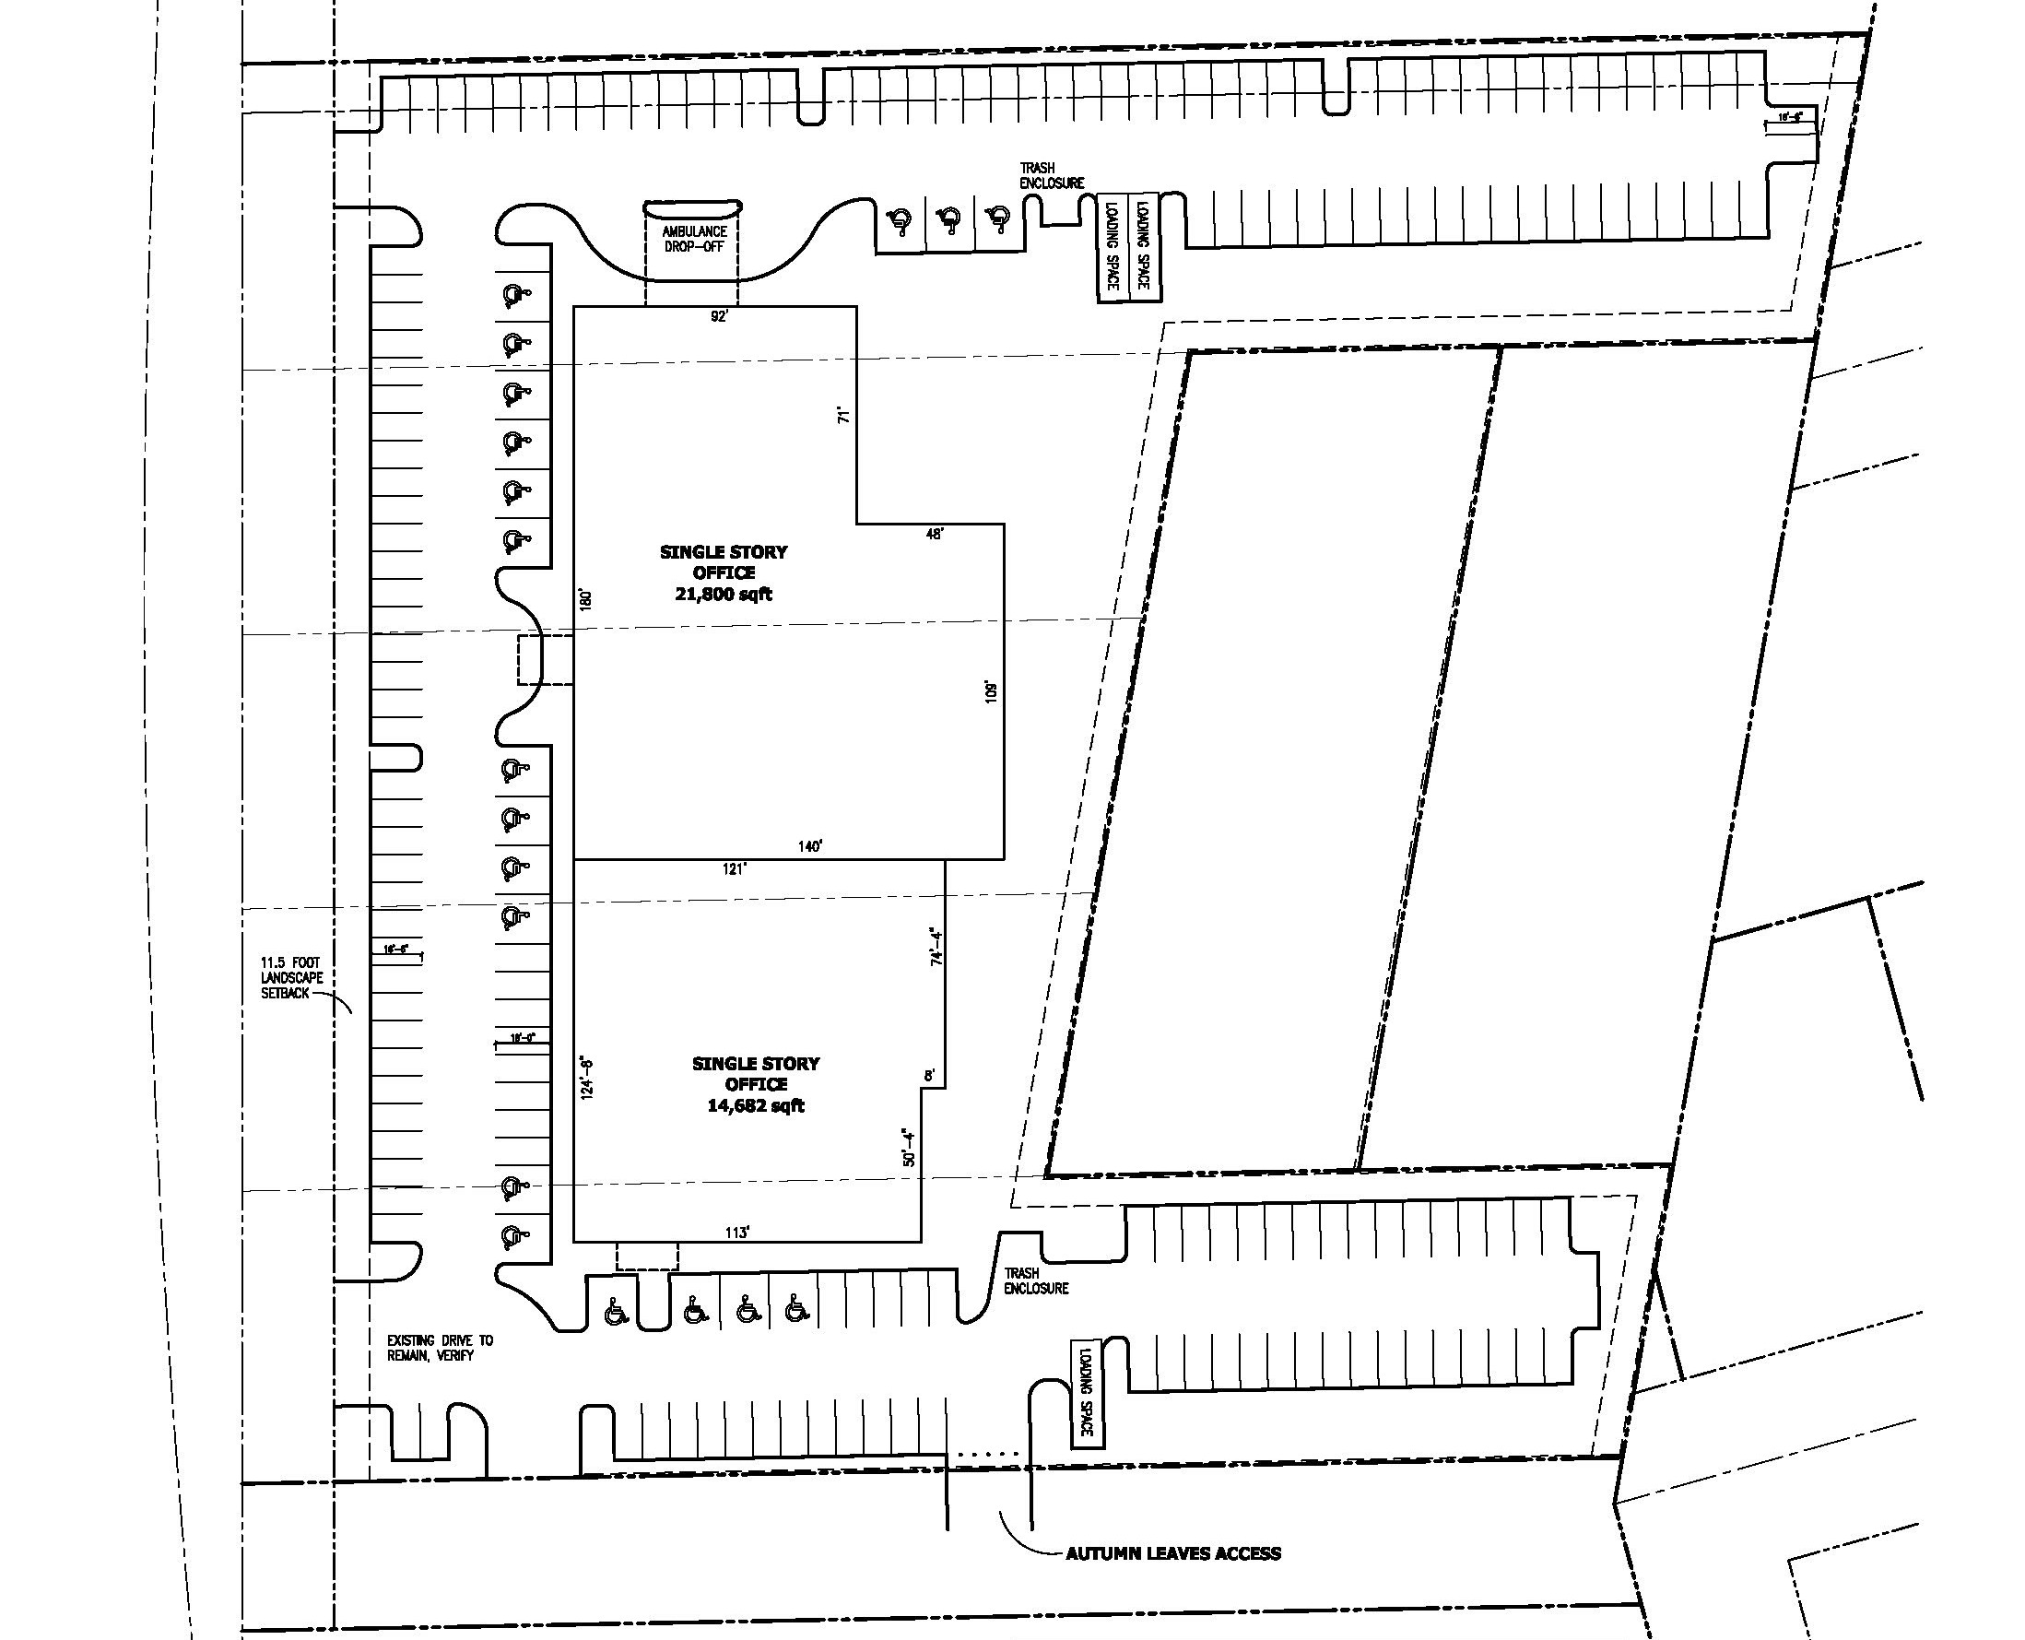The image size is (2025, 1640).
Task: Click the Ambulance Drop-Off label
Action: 694,238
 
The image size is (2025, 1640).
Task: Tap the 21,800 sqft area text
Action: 724,595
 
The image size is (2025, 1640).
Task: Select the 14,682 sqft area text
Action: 756,1105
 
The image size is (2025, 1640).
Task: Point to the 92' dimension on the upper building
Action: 720,317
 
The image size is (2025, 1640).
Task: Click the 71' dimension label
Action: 845,414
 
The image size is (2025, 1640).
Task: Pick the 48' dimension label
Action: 934,534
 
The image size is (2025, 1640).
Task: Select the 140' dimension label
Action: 809,846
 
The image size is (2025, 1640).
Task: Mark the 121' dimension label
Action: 735,869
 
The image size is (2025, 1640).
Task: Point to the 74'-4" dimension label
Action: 936,946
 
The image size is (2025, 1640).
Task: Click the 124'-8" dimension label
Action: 587,1077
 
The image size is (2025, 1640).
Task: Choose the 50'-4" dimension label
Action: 909,1147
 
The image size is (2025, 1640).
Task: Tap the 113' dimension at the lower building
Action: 736,1232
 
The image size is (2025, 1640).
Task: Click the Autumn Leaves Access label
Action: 1173,1553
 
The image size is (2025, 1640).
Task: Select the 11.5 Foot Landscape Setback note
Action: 292,978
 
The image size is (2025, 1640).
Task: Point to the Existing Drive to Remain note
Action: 441,1347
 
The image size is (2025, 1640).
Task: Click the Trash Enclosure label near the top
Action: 1052,176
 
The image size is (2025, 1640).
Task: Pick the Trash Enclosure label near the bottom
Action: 1036,1280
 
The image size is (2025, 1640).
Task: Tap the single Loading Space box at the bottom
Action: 1087,1394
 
